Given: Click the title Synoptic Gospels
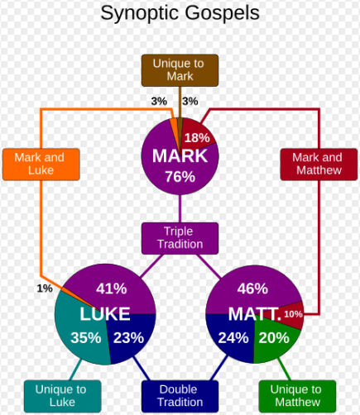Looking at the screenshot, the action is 180,13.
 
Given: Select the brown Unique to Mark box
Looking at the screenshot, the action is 180,70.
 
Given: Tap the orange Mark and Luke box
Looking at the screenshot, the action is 41,165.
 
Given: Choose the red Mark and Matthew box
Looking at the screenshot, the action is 319,165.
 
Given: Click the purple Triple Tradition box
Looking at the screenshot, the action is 180,238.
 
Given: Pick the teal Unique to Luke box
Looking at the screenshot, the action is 62,396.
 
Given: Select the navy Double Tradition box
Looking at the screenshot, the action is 180,396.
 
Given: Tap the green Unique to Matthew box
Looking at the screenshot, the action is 297,396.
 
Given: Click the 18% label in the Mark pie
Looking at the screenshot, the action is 197,138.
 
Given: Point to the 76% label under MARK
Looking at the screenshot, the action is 180,177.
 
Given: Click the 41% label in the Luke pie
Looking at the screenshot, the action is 112,289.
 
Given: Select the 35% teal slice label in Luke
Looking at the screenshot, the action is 86,337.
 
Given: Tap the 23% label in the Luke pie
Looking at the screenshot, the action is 128,337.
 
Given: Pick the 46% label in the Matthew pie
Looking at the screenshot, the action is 252,289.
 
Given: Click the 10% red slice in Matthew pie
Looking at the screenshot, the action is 293,314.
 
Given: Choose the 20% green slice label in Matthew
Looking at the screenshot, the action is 274,337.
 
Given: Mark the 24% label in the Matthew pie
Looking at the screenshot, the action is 233,337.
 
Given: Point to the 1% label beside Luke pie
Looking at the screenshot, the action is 45,289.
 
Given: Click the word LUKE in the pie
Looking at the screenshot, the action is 105,314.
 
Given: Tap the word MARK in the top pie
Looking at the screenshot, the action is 180,156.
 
